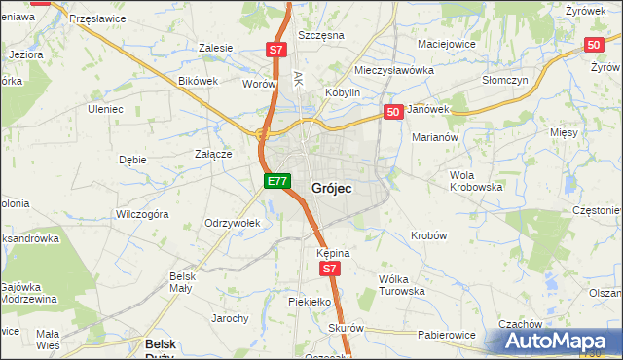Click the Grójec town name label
point(332,188)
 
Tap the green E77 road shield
point(277,181)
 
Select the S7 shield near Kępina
point(330,269)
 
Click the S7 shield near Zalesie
point(276,49)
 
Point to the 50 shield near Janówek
point(393,113)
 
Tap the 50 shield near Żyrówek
point(595,45)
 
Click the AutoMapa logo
point(562,341)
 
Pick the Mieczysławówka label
point(393,71)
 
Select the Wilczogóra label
point(143,212)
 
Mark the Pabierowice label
point(447,335)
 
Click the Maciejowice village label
point(446,44)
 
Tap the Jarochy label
point(231,318)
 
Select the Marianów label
point(435,138)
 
